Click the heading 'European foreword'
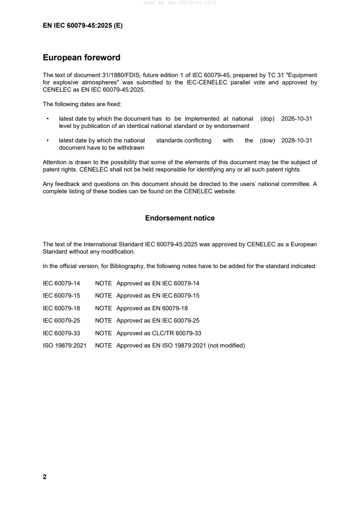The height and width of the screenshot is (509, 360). [81, 58]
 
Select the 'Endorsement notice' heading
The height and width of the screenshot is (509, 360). [180, 218]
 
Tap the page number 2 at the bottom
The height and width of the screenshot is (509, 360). [44, 477]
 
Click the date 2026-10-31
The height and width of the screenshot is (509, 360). [296, 118]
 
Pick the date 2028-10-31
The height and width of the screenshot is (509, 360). [296, 141]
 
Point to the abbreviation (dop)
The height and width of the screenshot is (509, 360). [267, 118]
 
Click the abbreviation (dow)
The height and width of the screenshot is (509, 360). [267, 141]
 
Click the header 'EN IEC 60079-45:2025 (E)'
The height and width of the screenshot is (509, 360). [83, 26]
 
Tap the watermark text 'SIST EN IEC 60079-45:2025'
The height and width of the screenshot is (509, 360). [180, 3]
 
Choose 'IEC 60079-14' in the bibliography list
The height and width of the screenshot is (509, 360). [61, 284]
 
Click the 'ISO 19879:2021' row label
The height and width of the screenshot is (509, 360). [64, 346]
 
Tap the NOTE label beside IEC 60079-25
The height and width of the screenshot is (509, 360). [103, 321]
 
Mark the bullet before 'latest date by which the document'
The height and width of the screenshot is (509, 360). [48, 118]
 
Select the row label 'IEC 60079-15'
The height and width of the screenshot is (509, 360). [61, 296]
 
